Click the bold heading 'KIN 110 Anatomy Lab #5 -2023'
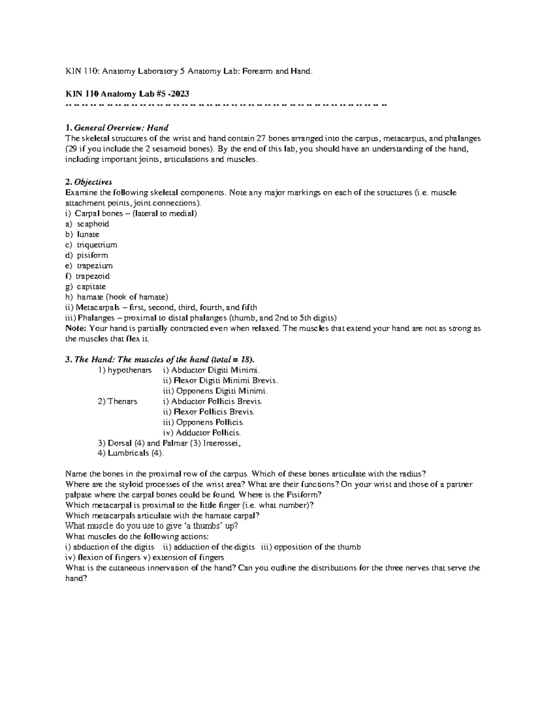click(x=128, y=94)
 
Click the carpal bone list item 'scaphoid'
click(x=93, y=224)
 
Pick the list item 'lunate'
click(x=88, y=234)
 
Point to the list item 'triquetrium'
click(x=97, y=245)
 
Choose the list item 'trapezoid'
click(x=93, y=276)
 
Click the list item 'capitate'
click(x=91, y=287)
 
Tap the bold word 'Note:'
click(x=76, y=328)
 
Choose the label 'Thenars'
click(x=122, y=401)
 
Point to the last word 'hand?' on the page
click(x=76, y=578)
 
